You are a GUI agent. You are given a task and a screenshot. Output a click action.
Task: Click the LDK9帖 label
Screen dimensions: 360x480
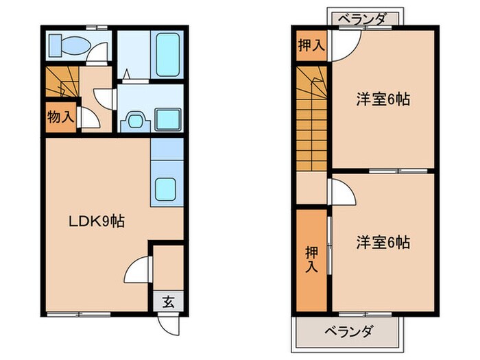tap(95, 221)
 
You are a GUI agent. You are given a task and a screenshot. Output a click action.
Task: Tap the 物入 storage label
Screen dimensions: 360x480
tap(60, 117)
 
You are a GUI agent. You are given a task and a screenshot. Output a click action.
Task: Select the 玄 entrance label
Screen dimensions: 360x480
tap(168, 300)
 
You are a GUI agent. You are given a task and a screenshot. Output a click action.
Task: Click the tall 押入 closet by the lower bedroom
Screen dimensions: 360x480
tap(311, 260)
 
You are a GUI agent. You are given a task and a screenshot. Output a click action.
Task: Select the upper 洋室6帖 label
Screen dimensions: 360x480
tap(383, 99)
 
